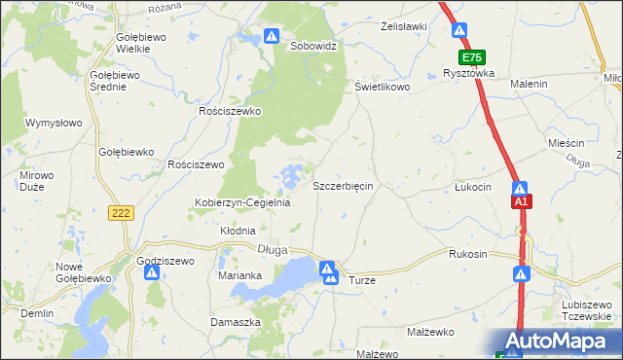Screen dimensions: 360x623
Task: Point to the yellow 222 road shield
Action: pyautogui.click(x=122, y=213)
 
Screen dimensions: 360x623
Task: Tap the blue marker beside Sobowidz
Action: pyautogui.click(x=272, y=38)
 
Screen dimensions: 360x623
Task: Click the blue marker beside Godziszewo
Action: pyautogui.click(x=152, y=273)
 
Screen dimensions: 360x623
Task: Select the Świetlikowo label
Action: pyautogui.click(x=382, y=87)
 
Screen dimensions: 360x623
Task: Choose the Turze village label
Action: pyautogui.click(x=361, y=279)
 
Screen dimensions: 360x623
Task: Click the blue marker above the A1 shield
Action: pyautogui.click(x=522, y=188)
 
